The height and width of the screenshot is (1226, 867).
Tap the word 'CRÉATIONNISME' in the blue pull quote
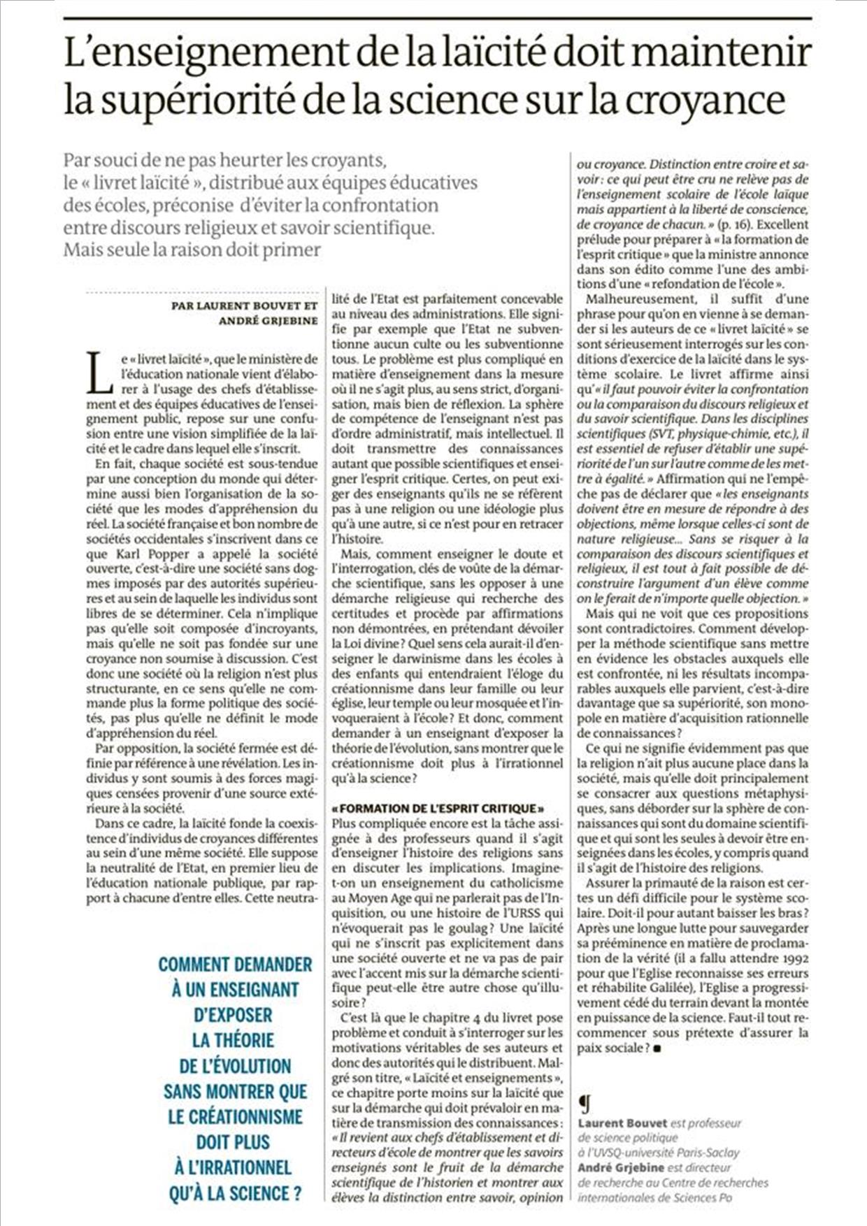(235, 1116)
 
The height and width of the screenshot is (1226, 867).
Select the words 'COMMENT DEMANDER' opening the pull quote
(235, 965)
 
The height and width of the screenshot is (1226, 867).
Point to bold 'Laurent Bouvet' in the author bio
(622, 1123)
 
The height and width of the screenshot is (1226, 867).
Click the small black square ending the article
(657, 1048)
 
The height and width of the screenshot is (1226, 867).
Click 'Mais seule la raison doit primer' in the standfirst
(192, 250)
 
